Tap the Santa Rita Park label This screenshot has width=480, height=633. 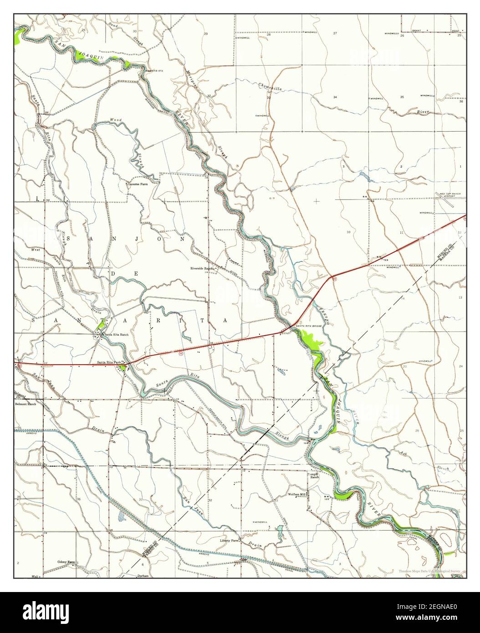(109, 362)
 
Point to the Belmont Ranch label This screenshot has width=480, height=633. (25, 403)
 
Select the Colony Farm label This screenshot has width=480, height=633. (66, 562)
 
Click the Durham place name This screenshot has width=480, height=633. (143, 576)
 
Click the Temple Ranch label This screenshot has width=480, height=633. (314, 475)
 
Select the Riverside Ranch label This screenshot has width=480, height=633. (202, 269)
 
